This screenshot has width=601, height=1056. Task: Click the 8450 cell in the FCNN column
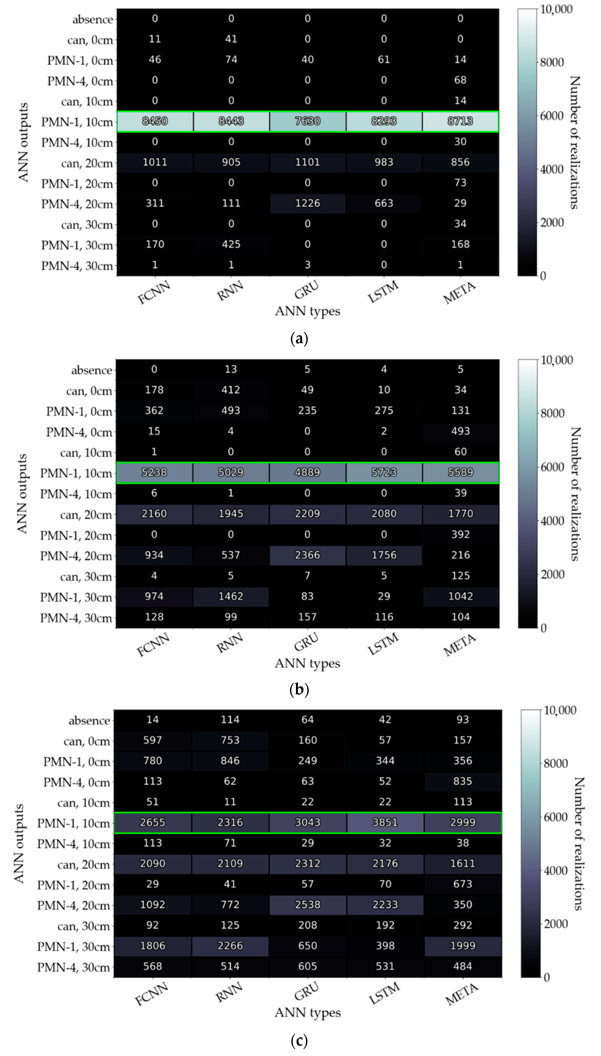tap(155, 121)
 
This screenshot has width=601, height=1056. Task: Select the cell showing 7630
tap(308, 121)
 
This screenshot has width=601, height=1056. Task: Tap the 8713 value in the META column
tap(460, 121)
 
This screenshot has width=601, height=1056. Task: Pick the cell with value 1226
tap(308, 203)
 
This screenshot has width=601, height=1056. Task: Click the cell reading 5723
tap(384, 472)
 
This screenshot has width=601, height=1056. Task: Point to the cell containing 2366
tap(308, 555)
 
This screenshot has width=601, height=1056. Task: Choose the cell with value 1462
tap(231, 596)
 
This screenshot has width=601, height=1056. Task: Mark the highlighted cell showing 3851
tap(385, 822)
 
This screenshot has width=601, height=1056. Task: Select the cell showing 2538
tap(308, 904)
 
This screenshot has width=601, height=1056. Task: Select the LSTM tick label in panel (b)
tap(383, 643)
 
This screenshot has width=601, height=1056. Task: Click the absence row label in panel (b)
tap(92, 370)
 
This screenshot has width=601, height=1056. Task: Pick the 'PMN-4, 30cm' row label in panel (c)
tap(74, 967)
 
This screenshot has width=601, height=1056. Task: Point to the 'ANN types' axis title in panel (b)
tap(308, 663)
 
